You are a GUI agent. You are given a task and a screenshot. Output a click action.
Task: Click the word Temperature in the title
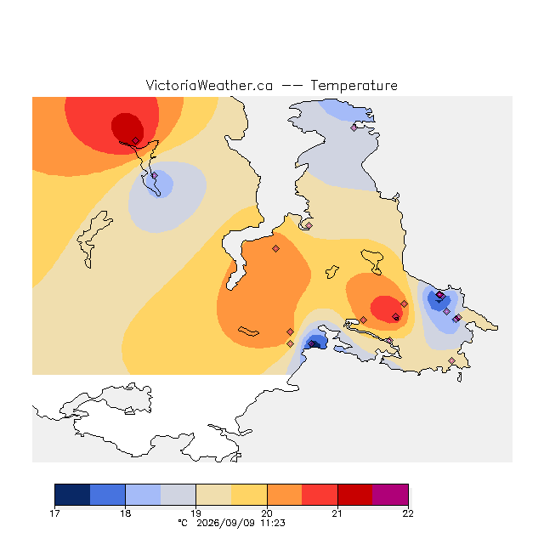(x=354, y=86)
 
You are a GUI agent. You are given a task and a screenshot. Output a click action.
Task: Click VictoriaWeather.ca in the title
(x=209, y=86)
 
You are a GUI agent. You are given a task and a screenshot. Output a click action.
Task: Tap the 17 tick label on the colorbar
(x=54, y=513)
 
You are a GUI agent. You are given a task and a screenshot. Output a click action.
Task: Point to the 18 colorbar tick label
(x=125, y=513)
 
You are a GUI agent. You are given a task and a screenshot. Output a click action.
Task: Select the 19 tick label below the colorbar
(x=196, y=513)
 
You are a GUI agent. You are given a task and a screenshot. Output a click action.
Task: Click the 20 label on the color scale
(x=267, y=513)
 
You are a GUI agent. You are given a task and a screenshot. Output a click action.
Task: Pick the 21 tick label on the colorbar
(x=337, y=513)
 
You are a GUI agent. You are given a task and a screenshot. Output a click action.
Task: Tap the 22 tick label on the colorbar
(x=408, y=513)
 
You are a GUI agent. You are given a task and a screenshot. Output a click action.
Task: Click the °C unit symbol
(x=183, y=523)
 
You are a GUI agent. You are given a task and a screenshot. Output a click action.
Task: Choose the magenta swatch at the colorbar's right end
(x=390, y=495)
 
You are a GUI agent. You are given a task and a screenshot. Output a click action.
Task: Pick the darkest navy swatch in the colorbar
(x=72, y=495)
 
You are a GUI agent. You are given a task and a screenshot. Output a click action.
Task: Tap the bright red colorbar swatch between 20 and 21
(x=320, y=495)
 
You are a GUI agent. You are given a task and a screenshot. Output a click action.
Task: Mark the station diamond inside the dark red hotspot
(x=136, y=140)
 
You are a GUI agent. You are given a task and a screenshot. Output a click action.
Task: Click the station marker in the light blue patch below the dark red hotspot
(x=155, y=176)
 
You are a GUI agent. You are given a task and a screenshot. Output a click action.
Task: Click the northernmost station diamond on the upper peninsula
(x=354, y=128)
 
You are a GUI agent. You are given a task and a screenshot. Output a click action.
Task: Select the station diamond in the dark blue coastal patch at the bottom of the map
(x=312, y=343)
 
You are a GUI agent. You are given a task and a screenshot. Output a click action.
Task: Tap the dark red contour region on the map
(x=127, y=127)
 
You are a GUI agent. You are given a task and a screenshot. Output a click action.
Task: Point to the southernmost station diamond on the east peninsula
(x=451, y=360)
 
